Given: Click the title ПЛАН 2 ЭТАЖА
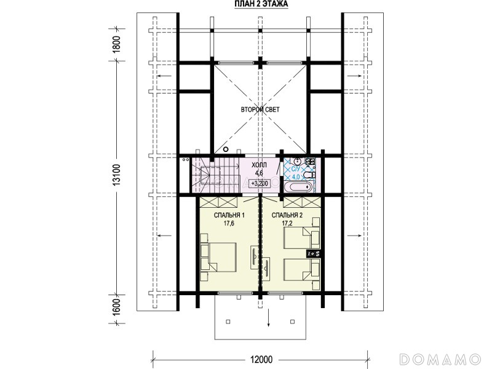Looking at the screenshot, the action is point(261,4).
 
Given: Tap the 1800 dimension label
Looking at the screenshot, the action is point(116,45).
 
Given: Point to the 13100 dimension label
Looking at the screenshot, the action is point(116,175).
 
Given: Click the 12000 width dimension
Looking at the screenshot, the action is point(261,359).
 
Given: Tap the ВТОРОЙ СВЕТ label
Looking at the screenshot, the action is point(260,109).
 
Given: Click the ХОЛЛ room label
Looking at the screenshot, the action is point(259,165).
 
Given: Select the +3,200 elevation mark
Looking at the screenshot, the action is point(260,183).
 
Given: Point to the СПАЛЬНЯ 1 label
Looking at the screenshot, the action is point(229,215).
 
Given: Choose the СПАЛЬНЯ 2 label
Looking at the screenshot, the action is point(287,215).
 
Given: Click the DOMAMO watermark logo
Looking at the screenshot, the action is point(440,359).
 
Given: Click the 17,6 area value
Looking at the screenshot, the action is point(229,223).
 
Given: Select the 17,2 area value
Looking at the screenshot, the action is point(287,223).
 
